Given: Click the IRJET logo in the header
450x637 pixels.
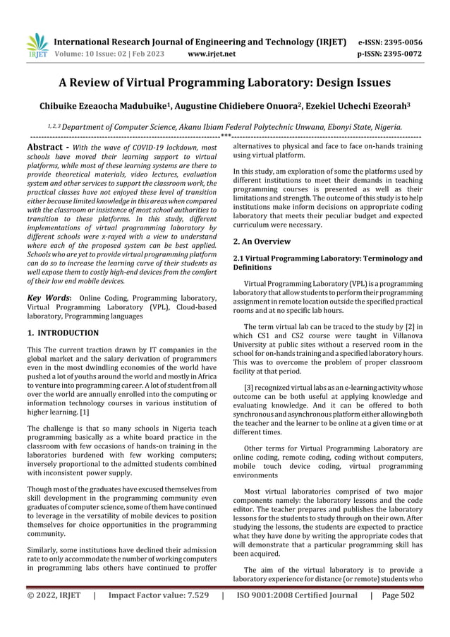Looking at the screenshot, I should pyautogui.click(x=36, y=44).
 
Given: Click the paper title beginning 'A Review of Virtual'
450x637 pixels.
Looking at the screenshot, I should pyautogui.click(x=224, y=82).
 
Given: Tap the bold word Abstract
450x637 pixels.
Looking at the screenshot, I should pyautogui.click(x=45, y=147).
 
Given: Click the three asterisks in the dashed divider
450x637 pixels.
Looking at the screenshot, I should pyautogui.click(x=226, y=134).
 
